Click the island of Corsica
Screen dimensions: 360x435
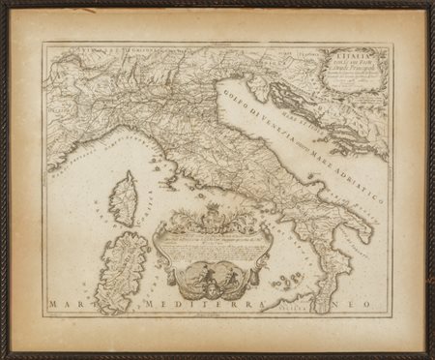[x=126, y=198]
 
